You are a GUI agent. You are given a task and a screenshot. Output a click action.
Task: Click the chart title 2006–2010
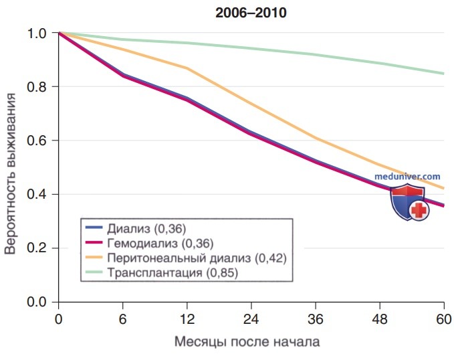tap(251, 13)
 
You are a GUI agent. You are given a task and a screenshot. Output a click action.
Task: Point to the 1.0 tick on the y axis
tap(37, 33)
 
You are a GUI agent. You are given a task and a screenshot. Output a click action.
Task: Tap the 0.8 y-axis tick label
tap(37, 87)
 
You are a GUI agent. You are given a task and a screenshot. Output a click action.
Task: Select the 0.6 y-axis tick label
tap(37, 141)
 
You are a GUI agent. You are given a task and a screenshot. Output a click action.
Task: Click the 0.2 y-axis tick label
tap(37, 248)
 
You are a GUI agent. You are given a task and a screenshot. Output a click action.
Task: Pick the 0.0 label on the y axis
tap(37, 302)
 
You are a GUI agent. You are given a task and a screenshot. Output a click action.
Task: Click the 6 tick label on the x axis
tap(123, 319)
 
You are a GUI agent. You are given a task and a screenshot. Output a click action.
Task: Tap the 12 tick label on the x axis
tap(187, 319)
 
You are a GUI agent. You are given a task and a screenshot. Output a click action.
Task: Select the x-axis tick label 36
tap(316, 319)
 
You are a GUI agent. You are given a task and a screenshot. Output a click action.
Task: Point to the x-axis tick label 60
tap(443, 319)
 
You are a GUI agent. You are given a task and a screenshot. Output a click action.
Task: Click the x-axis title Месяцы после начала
tap(247, 342)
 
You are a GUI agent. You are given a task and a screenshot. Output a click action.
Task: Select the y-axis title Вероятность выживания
tap(10, 173)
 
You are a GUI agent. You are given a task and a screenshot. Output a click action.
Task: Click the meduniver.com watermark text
tap(407, 176)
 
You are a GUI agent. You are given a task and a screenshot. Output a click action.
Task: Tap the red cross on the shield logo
tap(419, 210)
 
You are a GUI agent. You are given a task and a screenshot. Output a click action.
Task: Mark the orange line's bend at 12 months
tap(188, 68)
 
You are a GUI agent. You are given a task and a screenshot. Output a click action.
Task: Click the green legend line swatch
tap(94, 272)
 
